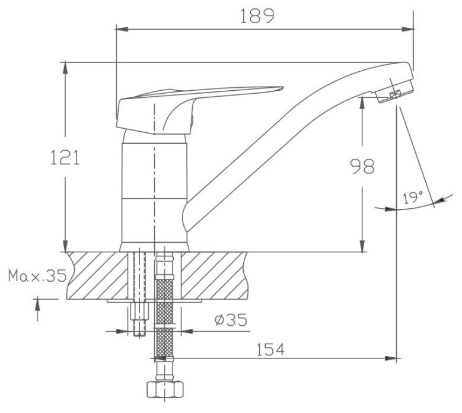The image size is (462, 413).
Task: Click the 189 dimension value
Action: pyautogui.click(x=257, y=16)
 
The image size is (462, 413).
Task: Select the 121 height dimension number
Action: pyautogui.click(x=65, y=157)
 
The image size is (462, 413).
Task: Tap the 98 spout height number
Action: pyautogui.click(x=362, y=166)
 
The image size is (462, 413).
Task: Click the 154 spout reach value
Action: pyautogui.click(x=270, y=350)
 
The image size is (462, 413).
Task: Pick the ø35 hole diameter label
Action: pyautogui.click(x=231, y=320)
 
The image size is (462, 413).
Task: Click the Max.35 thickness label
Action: pyautogui.click(x=37, y=276)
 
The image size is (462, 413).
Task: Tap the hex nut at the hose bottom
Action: pyautogui.click(x=165, y=390)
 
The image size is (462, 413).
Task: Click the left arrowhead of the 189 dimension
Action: pyautogui.click(x=122, y=29)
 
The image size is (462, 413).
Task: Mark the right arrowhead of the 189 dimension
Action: pyautogui.click(x=407, y=29)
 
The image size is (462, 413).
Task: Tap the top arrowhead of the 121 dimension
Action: pyautogui.click(x=65, y=68)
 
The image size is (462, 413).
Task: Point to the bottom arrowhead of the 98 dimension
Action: pyautogui.click(x=362, y=246)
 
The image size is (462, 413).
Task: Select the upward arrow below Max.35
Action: pyautogui.click(x=37, y=310)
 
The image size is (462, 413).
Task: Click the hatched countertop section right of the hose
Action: pyautogui.click(x=214, y=275)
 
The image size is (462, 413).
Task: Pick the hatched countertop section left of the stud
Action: pyautogui.click(x=98, y=275)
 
